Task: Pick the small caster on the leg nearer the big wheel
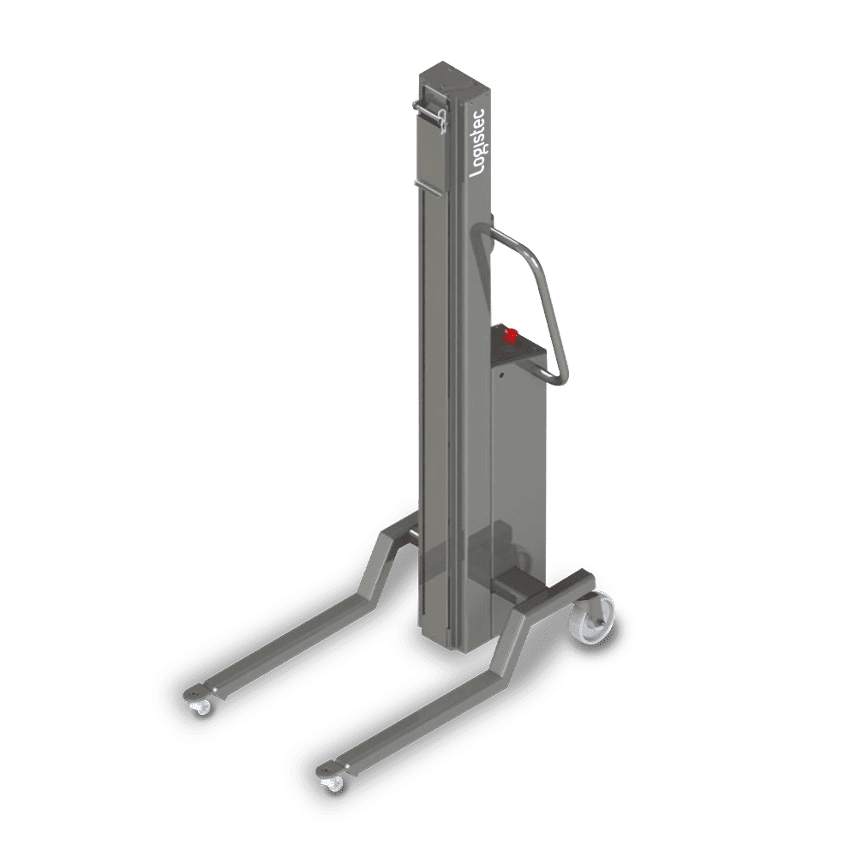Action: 332,781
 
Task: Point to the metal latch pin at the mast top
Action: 431,114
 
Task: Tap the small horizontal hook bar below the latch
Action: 427,184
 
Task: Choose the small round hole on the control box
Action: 499,373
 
